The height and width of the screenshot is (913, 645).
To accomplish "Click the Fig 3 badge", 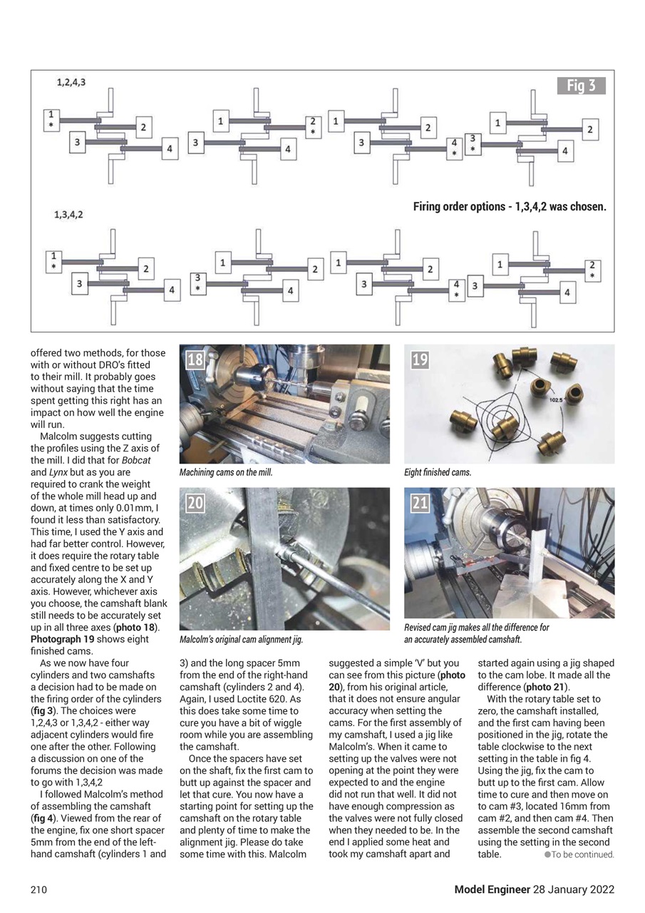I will point(581,86).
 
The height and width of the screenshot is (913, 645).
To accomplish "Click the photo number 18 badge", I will point(195,360).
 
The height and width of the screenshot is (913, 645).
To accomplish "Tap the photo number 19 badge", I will point(420,360).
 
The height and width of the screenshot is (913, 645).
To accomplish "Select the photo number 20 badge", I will point(195,504).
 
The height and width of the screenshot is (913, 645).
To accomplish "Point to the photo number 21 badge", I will point(420,504).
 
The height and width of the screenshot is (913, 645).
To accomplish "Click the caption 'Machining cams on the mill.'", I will point(226,472).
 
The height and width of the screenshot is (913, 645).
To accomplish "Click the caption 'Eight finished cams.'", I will point(438,472).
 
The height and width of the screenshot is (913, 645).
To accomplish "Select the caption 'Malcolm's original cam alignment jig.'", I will point(242,640).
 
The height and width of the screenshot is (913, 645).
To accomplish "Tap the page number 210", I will point(39,889).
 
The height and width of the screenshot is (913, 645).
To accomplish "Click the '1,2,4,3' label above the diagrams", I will point(71,83).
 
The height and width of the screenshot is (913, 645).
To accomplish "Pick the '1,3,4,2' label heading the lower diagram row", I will point(68,214).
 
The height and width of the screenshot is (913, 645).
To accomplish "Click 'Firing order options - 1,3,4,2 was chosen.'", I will point(510,207).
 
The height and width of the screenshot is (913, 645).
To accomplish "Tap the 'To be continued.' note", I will point(582,855).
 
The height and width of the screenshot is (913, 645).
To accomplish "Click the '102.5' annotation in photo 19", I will point(557,400).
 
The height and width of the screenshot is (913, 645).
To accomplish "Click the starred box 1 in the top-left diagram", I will point(51,118).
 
